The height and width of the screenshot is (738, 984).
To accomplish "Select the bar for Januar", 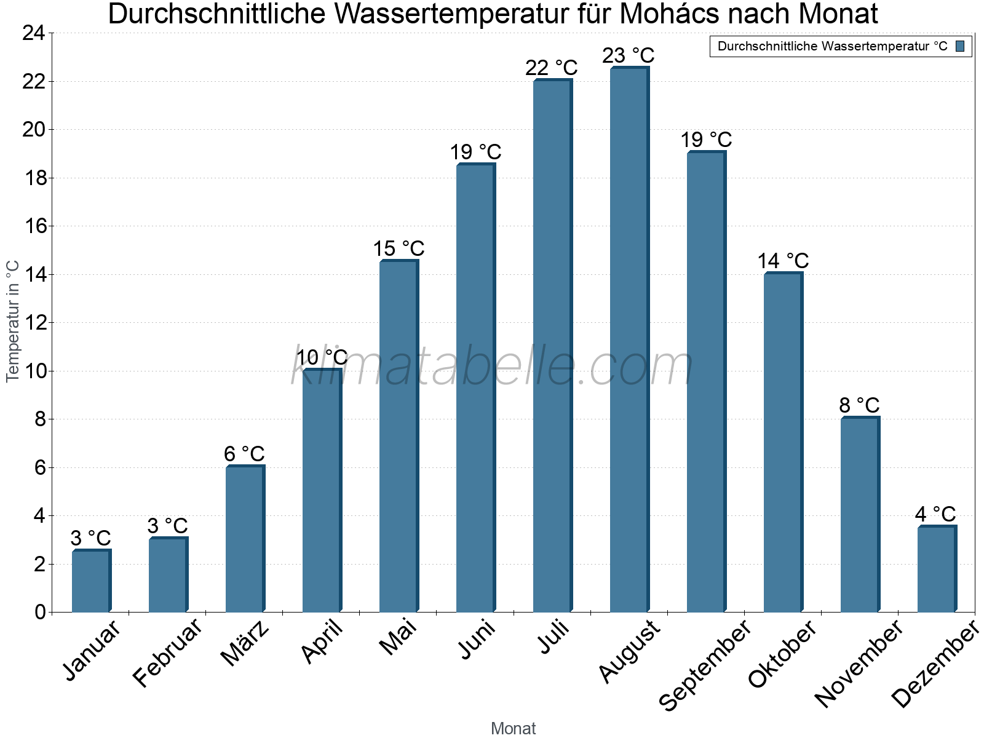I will tap(91, 581).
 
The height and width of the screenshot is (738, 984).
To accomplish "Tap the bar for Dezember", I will tap(937, 569).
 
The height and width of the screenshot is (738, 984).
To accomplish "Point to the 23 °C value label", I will tap(628, 55).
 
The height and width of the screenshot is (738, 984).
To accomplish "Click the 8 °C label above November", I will tap(859, 405).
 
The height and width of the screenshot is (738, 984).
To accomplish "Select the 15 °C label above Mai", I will tap(399, 248).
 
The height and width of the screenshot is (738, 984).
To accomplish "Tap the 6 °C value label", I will tap(244, 454).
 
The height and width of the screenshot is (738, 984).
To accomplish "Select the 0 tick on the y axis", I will tap(40, 612).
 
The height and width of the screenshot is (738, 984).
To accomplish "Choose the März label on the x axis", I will tap(245, 643).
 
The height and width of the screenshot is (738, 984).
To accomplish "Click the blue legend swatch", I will tap(960, 46).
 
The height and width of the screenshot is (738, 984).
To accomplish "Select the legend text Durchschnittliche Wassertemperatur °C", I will tap(832, 46).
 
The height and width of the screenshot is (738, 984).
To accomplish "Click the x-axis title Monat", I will tap(513, 728).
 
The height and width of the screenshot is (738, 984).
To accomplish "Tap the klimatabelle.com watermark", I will tap(492, 366).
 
